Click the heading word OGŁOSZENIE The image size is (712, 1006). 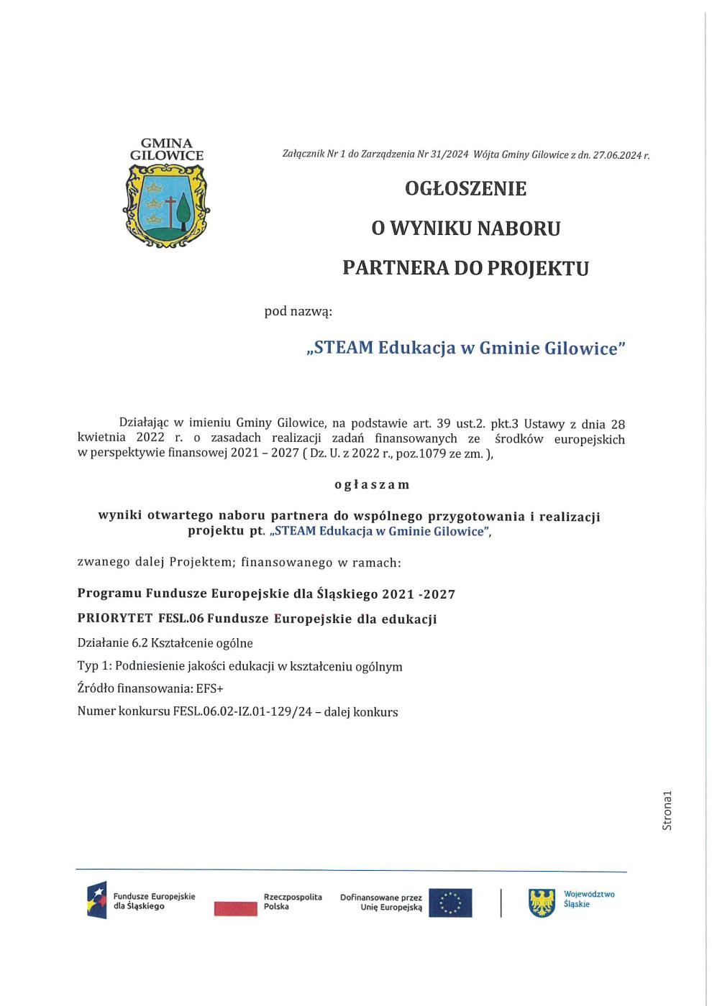coord(465,188)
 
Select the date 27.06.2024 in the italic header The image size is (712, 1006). coord(616,154)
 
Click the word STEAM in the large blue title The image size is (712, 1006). coord(343,348)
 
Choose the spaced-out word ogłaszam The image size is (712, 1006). coord(372,484)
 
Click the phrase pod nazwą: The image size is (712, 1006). coord(298,311)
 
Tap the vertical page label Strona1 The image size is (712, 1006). coord(667,811)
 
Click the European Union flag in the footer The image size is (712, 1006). coord(450,903)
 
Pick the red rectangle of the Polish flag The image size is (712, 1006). coord(235,909)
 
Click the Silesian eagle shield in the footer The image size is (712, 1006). coord(542,903)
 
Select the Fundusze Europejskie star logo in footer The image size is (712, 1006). coord(96,900)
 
